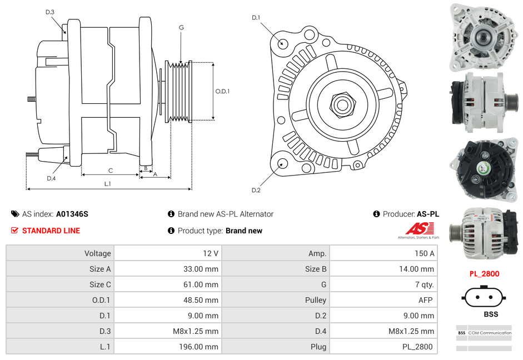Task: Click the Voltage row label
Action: (x=97, y=253)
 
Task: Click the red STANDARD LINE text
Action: (x=51, y=231)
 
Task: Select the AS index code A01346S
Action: (x=72, y=214)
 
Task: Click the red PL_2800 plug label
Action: (x=484, y=274)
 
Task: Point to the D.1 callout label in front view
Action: (x=256, y=18)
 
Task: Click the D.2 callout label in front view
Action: (x=256, y=190)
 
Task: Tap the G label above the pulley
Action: (x=181, y=27)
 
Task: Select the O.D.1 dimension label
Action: (x=222, y=91)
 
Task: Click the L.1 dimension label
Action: (x=108, y=183)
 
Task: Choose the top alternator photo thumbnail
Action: (x=482, y=36)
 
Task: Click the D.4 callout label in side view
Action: (x=51, y=178)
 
